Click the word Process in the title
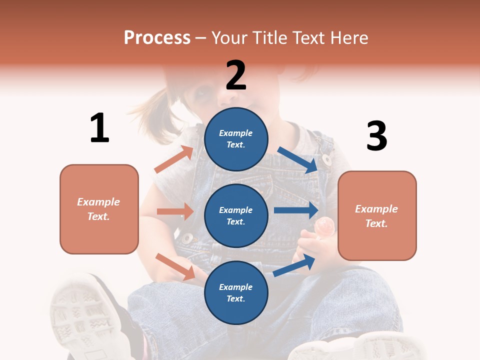click(x=157, y=38)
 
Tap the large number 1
click(x=99, y=128)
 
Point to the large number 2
click(x=236, y=75)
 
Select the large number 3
click(x=376, y=136)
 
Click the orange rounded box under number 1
click(x=99, y=209)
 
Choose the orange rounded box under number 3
click(x=377, y=216)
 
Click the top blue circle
click(x=236, y=139)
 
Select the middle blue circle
click(x=236, y=215)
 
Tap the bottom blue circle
click(x=236, y=292)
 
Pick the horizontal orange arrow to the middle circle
click(x=175, y=211)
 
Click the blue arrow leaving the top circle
click(x=298, y=159)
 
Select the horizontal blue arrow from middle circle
click(x=296, y=210)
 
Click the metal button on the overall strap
click(x=327, y=160)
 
